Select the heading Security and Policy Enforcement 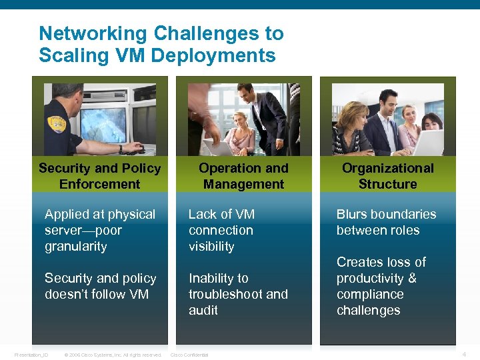(99, 176)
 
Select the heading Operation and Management (243, 176)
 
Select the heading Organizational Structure (387, 176)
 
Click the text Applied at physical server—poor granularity (99, 230)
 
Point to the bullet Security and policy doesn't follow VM (100, 286)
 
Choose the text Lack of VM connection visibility (221, 230)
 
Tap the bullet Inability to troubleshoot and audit (237, 294)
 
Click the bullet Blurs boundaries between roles (386, 222)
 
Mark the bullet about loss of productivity (381, 286)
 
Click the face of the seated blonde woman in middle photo (239, 120)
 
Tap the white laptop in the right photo (427, 141)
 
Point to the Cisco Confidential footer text (189, 355)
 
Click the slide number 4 (464, 353)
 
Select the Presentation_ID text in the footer (32, 355)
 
